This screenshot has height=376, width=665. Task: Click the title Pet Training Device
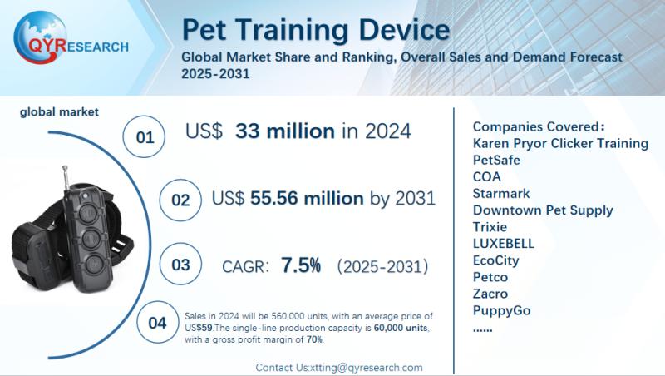(315, 31)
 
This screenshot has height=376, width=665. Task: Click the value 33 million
(285, 131)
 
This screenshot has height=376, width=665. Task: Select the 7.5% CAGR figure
(301, 265)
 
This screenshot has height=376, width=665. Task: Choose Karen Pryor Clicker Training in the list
(559, 143)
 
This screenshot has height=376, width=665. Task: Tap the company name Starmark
(500, 193)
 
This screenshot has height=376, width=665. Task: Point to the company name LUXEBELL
(503, 244)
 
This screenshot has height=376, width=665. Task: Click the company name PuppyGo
(501, 310)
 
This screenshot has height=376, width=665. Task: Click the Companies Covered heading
(538, 126)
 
